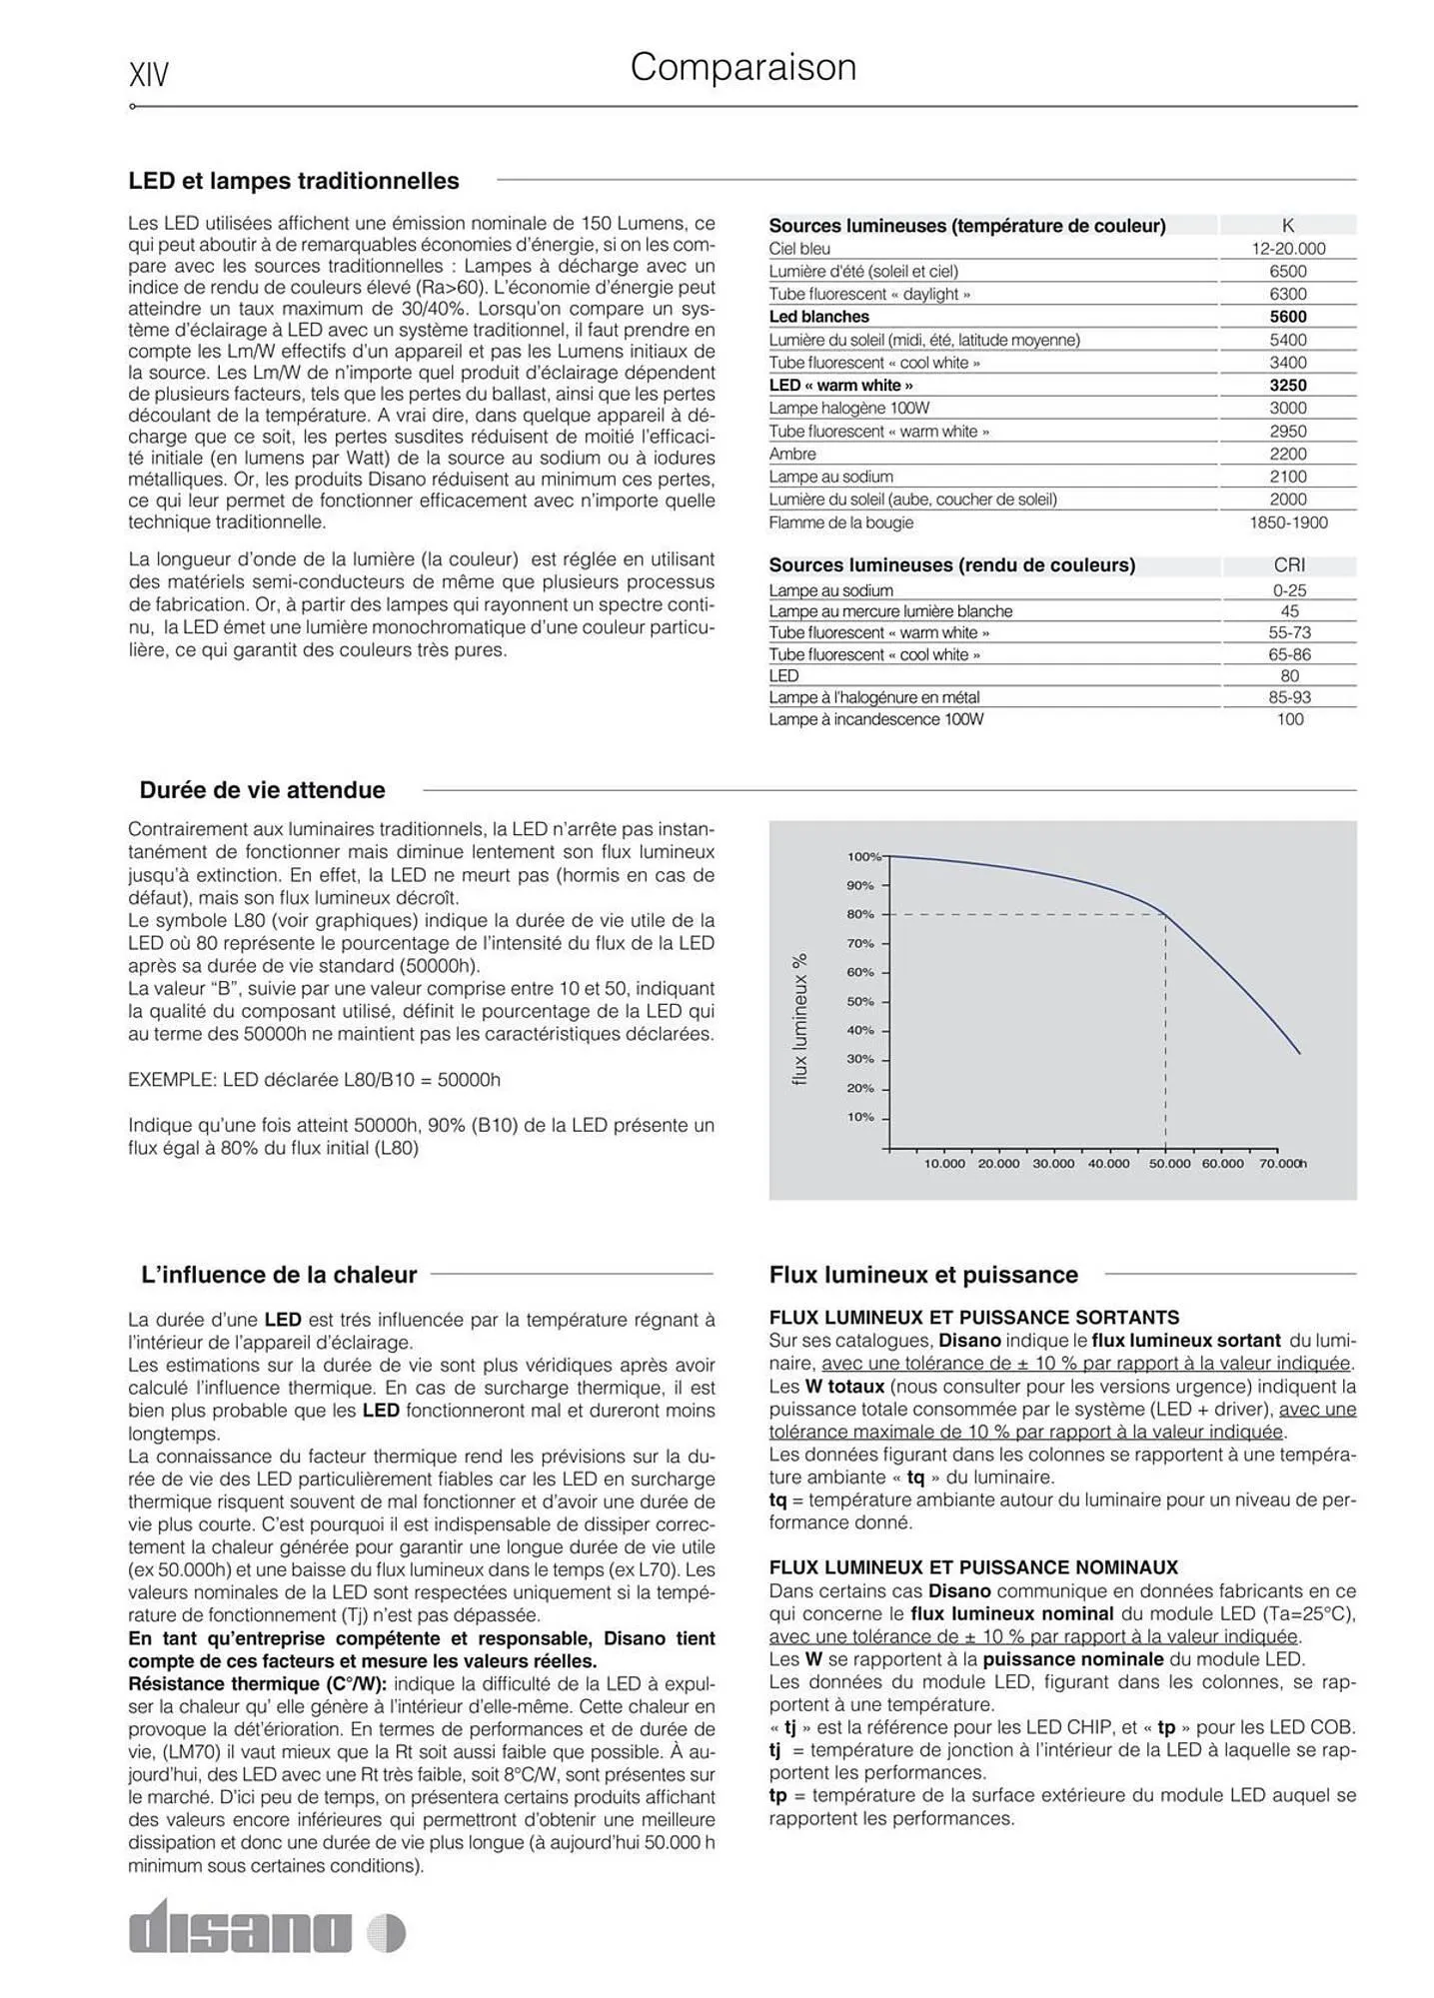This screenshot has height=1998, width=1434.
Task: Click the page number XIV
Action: tap(149, 75)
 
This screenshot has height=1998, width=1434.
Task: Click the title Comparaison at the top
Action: tap(742, 68)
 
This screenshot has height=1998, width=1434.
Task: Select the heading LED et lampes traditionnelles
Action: tap(293, 181)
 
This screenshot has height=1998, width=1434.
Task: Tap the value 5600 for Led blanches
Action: tap(1287, 317)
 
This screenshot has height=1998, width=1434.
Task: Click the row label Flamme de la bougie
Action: tap(840, 522)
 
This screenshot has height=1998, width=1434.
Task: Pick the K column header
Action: tap(1287, 226)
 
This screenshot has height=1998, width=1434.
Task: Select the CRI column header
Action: tap(1289, 565)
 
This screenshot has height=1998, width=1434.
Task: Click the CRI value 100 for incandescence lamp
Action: tap(1289, 719)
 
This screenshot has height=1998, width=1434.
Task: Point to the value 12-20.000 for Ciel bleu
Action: tap(1288, 249)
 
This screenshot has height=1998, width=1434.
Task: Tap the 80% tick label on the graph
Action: tap(859, 914)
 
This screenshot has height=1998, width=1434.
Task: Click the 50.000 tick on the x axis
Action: tap(1169, 1164)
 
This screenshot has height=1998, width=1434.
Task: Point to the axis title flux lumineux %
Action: tap(799, 1019)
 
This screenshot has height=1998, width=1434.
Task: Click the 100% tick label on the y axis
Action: tap(863, 857)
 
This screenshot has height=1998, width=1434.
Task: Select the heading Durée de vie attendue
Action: tap(262, 790)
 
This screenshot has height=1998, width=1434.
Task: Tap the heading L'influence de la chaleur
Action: tap(279, 1275)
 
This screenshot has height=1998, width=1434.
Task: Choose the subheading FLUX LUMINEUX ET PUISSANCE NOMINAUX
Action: tap(973, 1567)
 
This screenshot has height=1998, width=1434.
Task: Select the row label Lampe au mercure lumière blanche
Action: tap(890, 611)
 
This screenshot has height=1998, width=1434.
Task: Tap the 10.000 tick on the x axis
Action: tap(944, 1164)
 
